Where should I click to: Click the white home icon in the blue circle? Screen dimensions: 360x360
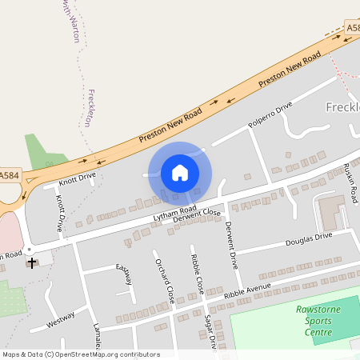[x=180, y=172]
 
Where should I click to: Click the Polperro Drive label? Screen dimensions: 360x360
[x=270, y=115]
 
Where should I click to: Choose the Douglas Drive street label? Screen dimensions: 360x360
[x=309, y=238]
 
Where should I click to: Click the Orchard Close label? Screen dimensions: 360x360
[x=165, y=281]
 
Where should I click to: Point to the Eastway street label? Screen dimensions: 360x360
[x=124, y=274]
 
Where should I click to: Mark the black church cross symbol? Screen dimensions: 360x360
[x=32, y=262]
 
